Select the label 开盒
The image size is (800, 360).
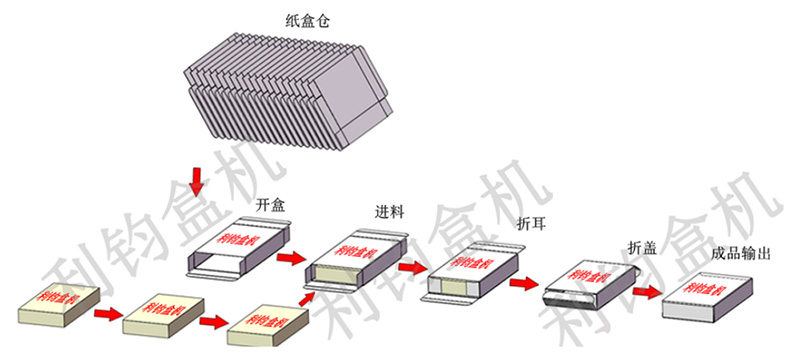click(x=271, y=205)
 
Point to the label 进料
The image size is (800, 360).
click(x=389, y=212)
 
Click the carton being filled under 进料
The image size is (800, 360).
click(x=356, y=258)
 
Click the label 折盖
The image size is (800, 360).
click(x=642, y=247)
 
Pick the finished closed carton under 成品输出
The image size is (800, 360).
click(x=706, y=298)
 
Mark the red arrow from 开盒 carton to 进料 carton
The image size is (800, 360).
click(x=291, y=260)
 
